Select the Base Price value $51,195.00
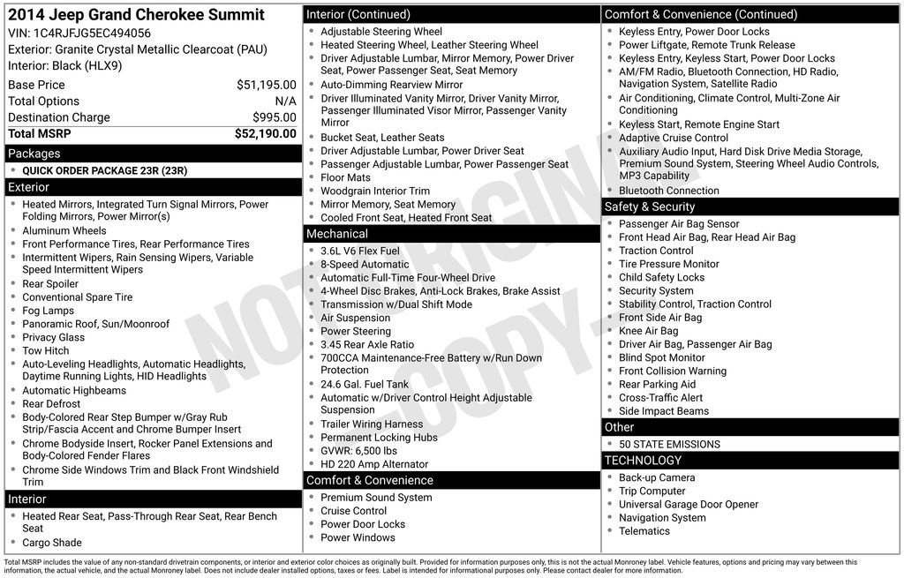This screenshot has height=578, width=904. point(266,85)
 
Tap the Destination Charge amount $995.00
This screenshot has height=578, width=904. point(274,117)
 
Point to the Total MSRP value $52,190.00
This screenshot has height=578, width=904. point(265,134)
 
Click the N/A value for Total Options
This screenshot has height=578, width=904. point(285,101)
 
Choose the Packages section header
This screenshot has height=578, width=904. point(34,154)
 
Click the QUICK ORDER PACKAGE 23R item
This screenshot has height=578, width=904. point(104,170)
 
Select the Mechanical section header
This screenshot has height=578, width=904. point(336,234)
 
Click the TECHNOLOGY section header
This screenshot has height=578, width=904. point(643,461)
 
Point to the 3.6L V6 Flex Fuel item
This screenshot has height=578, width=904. point(359,251)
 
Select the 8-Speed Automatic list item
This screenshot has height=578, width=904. point(365,265)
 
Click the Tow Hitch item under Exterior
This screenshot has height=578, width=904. point(47,350)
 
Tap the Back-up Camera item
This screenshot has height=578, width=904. point(657,477)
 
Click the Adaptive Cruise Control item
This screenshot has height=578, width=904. point(674,138)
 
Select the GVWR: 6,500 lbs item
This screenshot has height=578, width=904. point(358,451)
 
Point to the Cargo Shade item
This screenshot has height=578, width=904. point(51,543)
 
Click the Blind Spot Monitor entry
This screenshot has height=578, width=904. point(661,357)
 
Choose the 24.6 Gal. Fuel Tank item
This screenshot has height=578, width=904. point(365,384)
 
